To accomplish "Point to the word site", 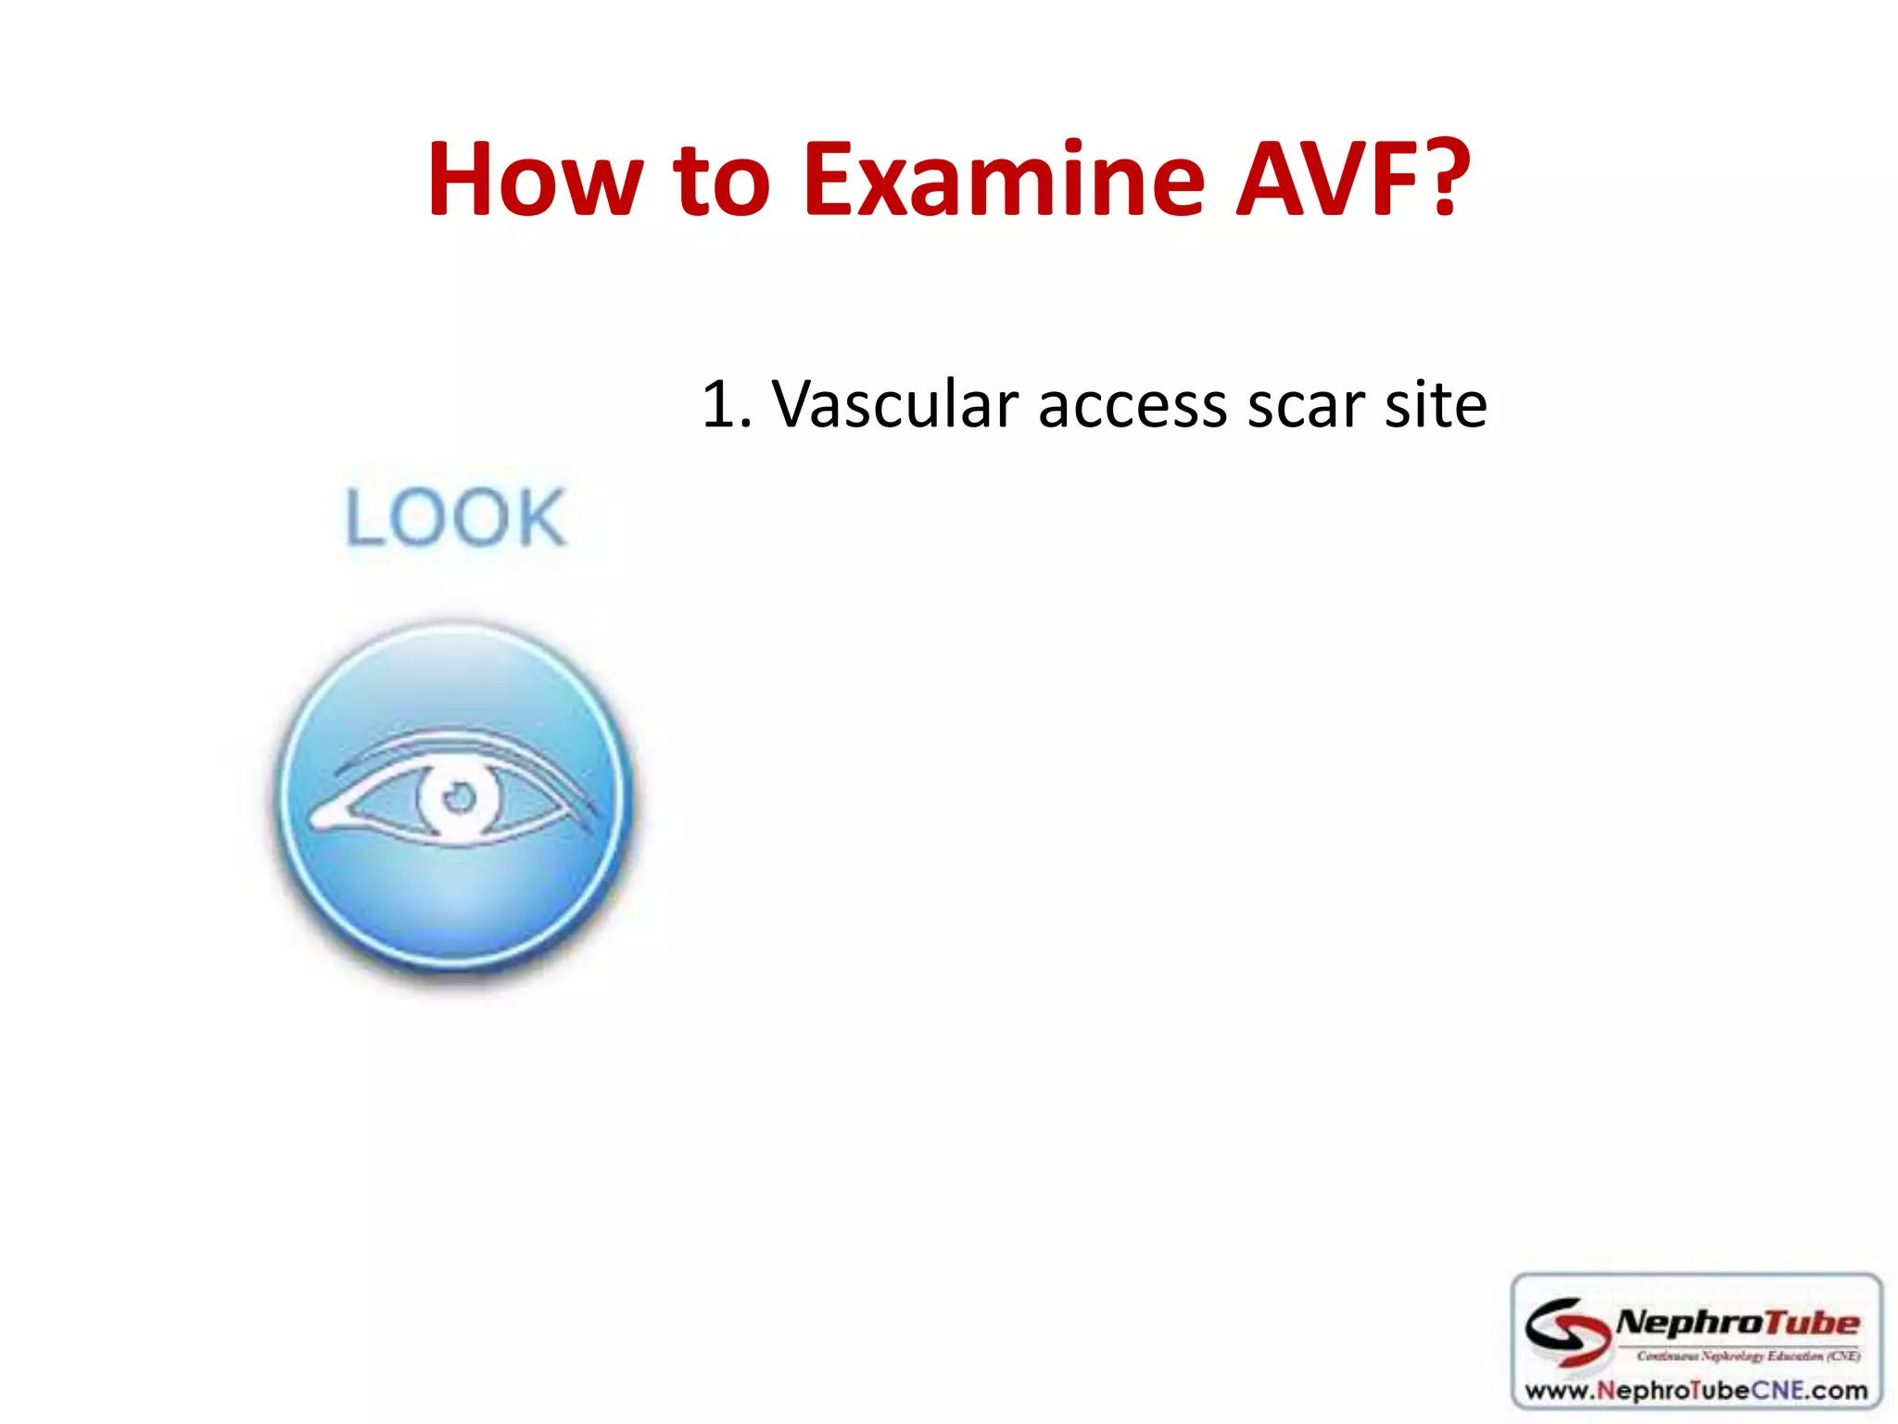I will (1436, 405).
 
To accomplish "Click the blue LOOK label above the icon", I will (455, 517).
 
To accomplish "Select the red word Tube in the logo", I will (1811, 1322).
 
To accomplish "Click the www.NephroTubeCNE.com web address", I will (1696, 1390).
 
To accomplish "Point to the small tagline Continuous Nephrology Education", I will (1747, 1356).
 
